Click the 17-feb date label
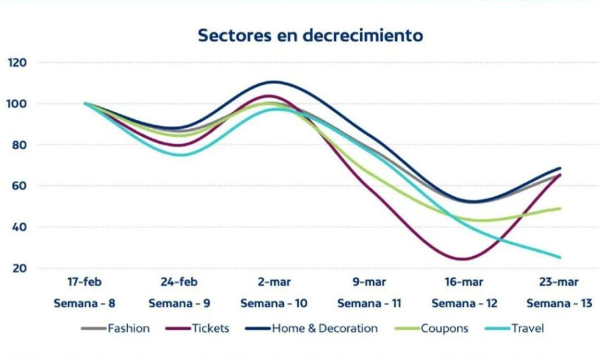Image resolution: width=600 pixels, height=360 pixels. point(84,283)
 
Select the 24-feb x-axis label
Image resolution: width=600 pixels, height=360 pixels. point(179,283)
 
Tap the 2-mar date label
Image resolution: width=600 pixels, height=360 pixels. point(274,283)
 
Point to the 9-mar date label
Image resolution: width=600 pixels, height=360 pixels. point(369,283)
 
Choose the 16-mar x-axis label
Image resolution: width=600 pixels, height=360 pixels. point(464,283)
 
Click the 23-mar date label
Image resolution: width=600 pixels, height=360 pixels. point(558,283)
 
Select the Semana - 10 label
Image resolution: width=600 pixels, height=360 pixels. point(274,304)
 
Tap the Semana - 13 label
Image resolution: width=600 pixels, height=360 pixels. point(559,304)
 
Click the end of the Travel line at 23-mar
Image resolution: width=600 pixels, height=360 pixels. point(561,257)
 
